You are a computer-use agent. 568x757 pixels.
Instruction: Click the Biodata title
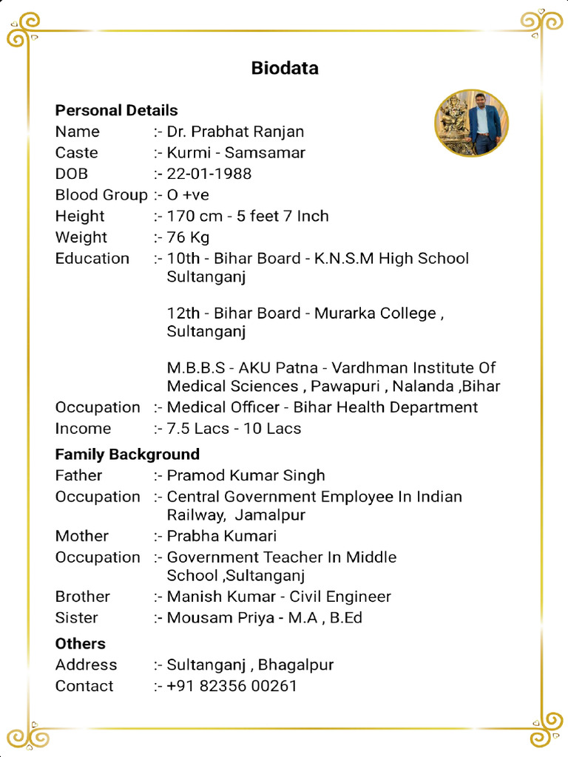point(285,69)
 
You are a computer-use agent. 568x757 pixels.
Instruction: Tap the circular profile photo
point(471,123)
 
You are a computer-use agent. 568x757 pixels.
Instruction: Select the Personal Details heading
point(116,111)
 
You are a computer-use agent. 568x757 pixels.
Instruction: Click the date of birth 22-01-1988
point(209,174)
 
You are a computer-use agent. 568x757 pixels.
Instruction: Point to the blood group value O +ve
point(188,195)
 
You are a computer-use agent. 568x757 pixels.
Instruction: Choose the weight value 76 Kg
point(188,237)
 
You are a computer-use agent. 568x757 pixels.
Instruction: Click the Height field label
point(80,217)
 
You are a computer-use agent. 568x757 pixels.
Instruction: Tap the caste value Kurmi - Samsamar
point(236,153)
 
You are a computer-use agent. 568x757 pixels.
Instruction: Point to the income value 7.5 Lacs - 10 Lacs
point(234,429)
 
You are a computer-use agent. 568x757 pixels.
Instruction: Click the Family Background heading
point(127,455)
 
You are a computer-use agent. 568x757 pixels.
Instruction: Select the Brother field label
point(82,597)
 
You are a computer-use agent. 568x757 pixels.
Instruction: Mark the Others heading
point(80,644)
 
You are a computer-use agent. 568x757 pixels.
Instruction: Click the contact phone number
point(231,686)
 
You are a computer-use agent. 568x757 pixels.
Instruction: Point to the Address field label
point(86,665)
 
